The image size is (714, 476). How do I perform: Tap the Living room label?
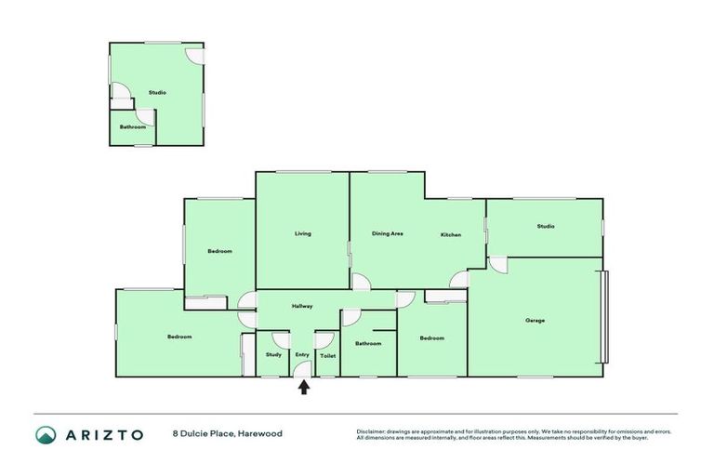click(x=303, y=233)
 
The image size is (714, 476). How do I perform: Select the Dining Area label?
click(x=387, y=233)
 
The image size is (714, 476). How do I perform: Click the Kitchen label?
click(x=451, y=234)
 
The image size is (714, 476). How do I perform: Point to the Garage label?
click(x=535, y=321)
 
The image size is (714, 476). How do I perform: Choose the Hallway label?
click(x=302, y=306)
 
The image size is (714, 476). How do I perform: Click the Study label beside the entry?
click(x=273, y=354)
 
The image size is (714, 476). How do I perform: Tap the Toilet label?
click(x=327, y=355)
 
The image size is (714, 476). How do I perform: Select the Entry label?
click(x=302, y=354)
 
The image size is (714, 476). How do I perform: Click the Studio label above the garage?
click(x=545, y=226)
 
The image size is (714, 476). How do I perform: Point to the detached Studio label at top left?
click(x=157, y=93)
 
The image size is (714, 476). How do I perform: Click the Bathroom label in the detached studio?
click(x=132, y=126)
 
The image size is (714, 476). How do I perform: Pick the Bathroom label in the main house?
click(x=368, y=343)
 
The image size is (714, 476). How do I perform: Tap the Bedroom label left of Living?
click(x=219, y=251)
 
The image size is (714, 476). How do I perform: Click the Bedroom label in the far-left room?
click(x=179, y=336)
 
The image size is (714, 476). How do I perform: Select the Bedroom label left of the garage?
click(x=431, y=337)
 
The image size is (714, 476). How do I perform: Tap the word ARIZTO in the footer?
click(x=102, y=434)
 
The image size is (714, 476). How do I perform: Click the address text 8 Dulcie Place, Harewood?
click(x=227, y=433)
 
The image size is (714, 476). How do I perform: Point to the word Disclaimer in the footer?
click(x=371, y=431)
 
